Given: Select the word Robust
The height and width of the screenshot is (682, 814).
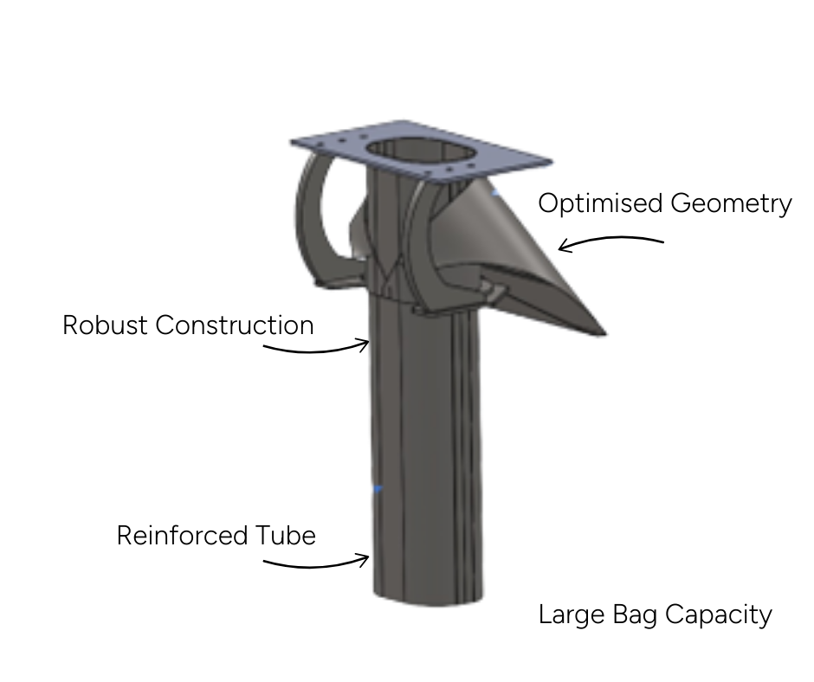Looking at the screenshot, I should pyautogui.click(x=105, y=325).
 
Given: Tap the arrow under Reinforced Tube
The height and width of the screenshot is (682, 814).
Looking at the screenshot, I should pyautogui.click(x=316, y=563).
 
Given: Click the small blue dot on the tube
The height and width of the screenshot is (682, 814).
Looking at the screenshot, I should pyautogui.click(x=378, y=490).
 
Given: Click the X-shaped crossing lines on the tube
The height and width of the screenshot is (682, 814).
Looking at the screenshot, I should pyautogui.click(x=391, y=277).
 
